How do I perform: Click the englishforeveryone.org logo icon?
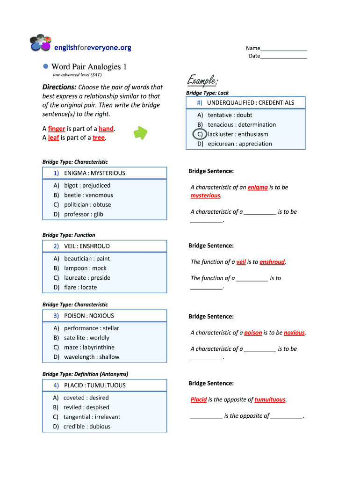click(40, 43)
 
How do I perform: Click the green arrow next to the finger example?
click(141, 133)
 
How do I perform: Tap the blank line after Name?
click(283, 48)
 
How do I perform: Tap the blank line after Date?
click(283, 56)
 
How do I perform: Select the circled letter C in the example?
click(200, 134)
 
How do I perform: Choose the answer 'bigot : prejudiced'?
click(87, 186)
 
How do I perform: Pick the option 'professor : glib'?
click(83, 214)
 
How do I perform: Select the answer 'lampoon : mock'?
click(85, 268)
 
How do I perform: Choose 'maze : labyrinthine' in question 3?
click(89, 347)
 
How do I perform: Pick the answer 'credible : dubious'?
click(87, 426)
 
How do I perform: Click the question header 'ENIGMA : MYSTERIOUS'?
click(94, 173)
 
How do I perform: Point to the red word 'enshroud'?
click(272, 262)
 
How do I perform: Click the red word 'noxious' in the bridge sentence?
click(294, 333)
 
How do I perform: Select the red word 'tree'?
click(98, 138)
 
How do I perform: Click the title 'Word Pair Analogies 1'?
click(89, 67)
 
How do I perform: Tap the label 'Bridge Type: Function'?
click(69, 235)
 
